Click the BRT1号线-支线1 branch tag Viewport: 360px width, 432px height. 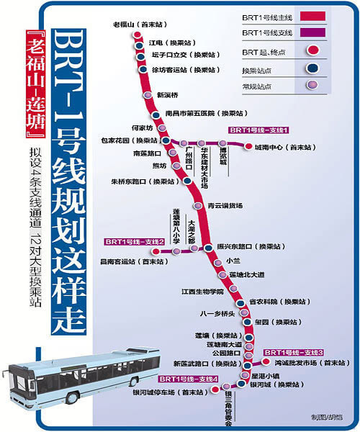pos(259,130)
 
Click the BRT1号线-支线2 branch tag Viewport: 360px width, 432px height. pos(135,241)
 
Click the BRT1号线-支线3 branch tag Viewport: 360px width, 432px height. pos(293,353)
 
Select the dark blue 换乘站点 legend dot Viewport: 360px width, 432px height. pos(312,69)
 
